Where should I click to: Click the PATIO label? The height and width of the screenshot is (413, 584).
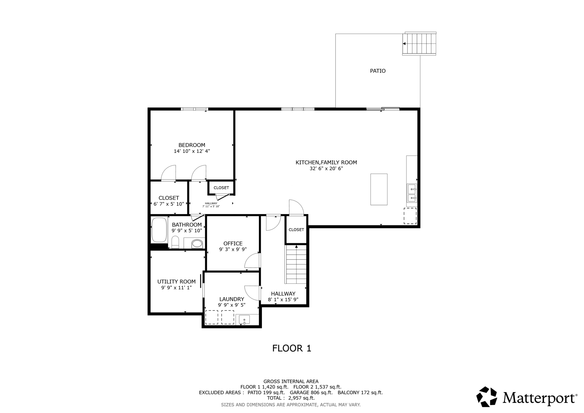pyautogui.click(x=378, y=71)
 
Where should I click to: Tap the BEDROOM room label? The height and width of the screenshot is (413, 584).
pyautogui.click(x=192, y=145)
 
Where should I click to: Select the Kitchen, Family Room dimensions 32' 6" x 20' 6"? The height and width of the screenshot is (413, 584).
pyautogui.click(x=326, y=169)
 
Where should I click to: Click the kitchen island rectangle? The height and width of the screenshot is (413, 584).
pyautogui.click(x=379, y=189)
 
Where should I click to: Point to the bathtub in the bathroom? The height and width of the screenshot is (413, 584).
pyautogui.click(x=159, y=230)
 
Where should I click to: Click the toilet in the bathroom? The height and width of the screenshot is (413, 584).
pyautogui.click(x=175, y=242)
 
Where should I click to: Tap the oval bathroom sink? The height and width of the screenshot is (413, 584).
pyautogui.click(x=197, y=243)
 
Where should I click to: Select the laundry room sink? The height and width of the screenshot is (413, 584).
pyautogui.click(x=244, y=320)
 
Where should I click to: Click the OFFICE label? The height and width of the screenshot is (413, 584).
pyautogui.click(x=233, y=244)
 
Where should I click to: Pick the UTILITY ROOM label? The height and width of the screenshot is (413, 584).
pyautogui.click(x=176, y=282)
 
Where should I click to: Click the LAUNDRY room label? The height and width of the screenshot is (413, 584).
pyautogui.click(x=232, y=299)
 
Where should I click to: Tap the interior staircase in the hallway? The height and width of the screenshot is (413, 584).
pyautogui.click(x=296, y=264)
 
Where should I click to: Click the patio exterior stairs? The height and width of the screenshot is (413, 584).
pyautogui.click(x=419, y=44)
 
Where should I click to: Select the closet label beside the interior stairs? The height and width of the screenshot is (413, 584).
pyautogui.click(x=296, y=230)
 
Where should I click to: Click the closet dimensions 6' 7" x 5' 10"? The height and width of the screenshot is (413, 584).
pyautogui.click(x=169, y=204)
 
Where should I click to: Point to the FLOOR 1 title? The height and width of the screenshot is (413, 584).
pyautogui.click(x=292, y=348)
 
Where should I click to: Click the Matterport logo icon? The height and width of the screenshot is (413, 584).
pyautogui.click(x=487, y=397)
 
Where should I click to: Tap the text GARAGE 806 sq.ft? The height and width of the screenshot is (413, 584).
pyautogui.click(x=311, y=392)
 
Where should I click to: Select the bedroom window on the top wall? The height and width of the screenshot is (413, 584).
pyautogui.click(x=194, y=109)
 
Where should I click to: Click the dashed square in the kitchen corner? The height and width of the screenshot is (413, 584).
pyautogui.click(x=410, y=216)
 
